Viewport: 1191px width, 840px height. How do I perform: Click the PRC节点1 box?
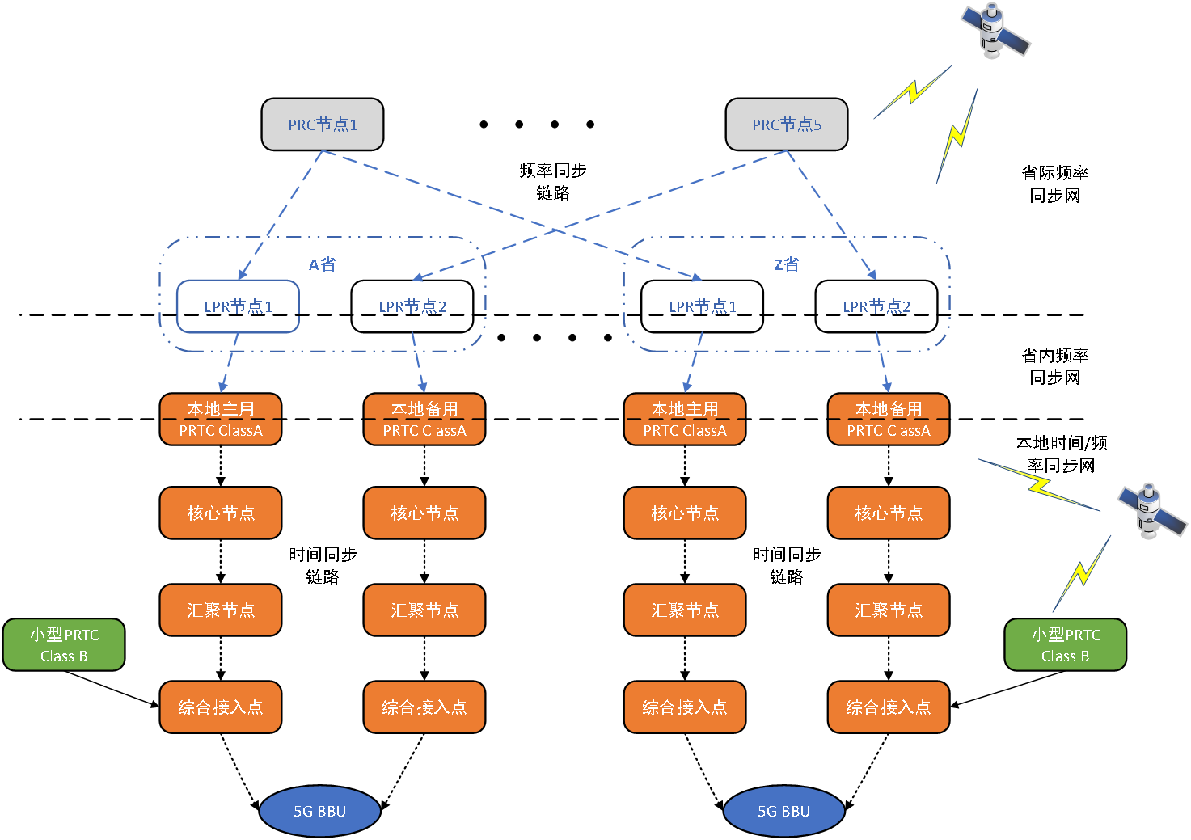(322, 125)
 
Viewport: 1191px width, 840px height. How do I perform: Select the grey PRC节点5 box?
(786, 125)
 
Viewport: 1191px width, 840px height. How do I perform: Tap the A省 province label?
(322, 264)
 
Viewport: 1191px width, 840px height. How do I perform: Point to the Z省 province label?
(786, 264)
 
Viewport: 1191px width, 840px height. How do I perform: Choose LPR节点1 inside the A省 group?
(238, 306)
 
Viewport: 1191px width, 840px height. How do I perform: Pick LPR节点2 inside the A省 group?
(412, 306)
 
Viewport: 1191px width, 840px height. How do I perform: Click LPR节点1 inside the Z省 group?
(702, 306)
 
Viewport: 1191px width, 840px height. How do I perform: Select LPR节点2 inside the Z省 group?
(876, 306)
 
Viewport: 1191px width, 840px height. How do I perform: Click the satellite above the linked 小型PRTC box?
(1151, 511)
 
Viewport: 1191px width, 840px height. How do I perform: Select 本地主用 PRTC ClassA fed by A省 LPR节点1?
(221, 420)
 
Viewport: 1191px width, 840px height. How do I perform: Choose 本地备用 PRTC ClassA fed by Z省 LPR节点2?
(889, 420)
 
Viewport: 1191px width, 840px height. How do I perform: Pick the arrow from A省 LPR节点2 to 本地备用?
(418, 364)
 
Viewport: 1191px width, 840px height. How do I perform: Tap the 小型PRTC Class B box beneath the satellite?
(1065, 645)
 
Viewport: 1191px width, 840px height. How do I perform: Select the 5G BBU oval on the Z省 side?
(783, 811)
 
